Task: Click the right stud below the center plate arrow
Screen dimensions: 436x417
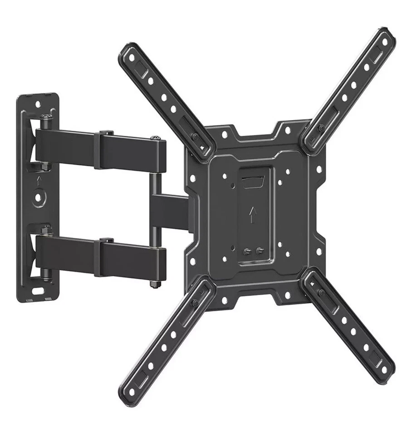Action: click(x=259, y=250)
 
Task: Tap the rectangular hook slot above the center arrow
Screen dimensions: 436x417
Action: click(x=251, y=182)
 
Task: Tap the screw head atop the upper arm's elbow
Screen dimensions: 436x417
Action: click(x=156, y=137)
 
